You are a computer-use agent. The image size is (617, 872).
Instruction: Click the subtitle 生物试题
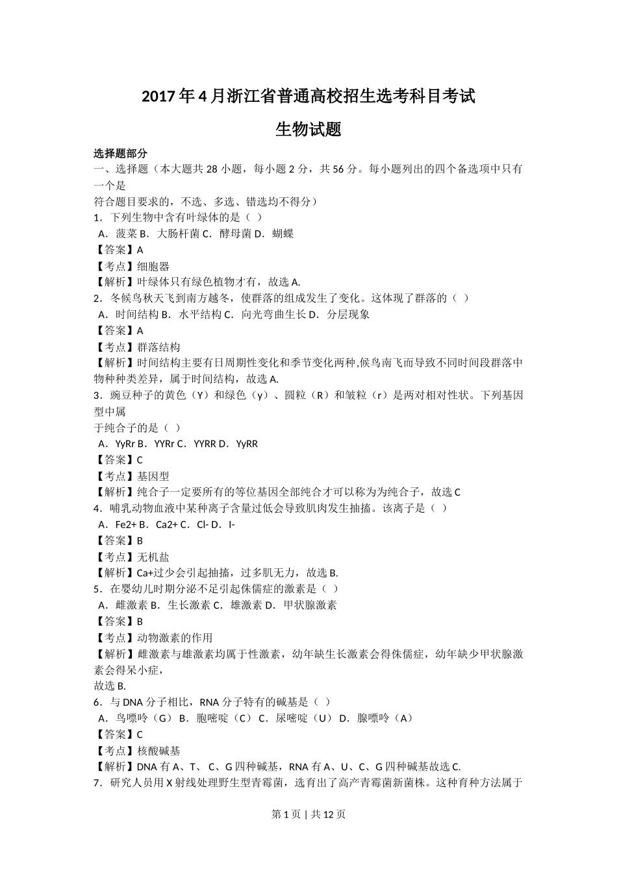pyautogui.click(x=308, y=129)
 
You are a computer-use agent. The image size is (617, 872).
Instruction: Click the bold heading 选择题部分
pyautogui.click(x=120, y=154)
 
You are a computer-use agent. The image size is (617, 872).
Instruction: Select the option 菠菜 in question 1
pyautogui.click(x=127, y=234)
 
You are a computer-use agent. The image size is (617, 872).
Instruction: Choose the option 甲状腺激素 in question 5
pyautogui.click(x=310, y=605)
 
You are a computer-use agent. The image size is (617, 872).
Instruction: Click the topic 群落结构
pyautogui.click(x=158, y=347)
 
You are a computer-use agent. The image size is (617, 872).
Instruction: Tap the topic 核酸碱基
pyautogui.click(x=158, y=751)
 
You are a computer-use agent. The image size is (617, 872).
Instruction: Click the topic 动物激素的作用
pyautogui.click(x=175, y=638)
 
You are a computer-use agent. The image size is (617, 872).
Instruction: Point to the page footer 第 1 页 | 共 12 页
pyautogui.click(x=308, y=814)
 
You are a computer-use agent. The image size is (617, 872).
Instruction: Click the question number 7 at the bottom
pyautogui.click(x=96, y=783)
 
